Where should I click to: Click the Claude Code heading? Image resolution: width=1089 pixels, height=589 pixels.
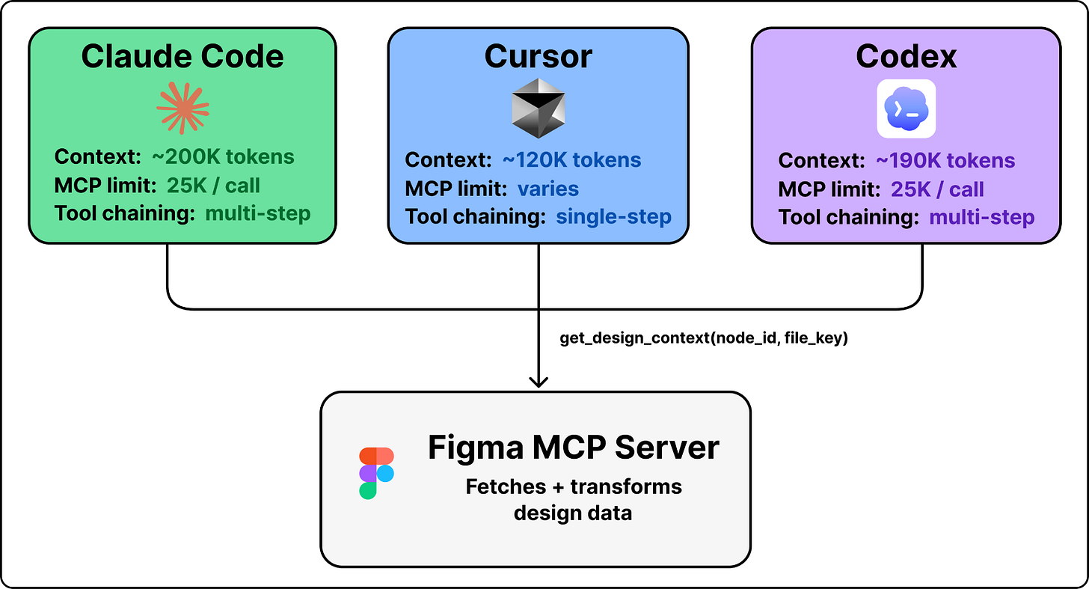tap(182, 57)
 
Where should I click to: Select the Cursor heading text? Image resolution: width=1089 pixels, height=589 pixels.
tap(538, 57)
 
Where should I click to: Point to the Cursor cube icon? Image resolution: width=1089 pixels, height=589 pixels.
tap(538, 108)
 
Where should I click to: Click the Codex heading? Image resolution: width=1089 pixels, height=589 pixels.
tap(906, 57)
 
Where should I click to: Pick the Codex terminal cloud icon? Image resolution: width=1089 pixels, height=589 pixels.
tap(906, 109)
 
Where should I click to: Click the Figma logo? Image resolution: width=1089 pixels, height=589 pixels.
tap(376, 474)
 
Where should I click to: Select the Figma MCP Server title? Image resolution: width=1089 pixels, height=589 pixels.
tap(573, 448)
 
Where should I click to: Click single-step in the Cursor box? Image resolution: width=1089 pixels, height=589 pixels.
tap(613, 217)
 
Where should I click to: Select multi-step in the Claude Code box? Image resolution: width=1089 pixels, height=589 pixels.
tap(257, 213)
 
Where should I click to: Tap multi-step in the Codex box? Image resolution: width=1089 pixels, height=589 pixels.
tap(981, 217)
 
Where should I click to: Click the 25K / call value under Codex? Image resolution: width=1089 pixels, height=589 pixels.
tap(937, 189)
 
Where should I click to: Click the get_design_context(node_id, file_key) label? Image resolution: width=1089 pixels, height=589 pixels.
tap(703, 338)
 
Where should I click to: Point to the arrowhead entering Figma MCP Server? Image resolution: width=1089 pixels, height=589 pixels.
tap(538, 382)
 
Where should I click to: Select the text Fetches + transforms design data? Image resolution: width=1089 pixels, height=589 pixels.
tap(573, 499)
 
